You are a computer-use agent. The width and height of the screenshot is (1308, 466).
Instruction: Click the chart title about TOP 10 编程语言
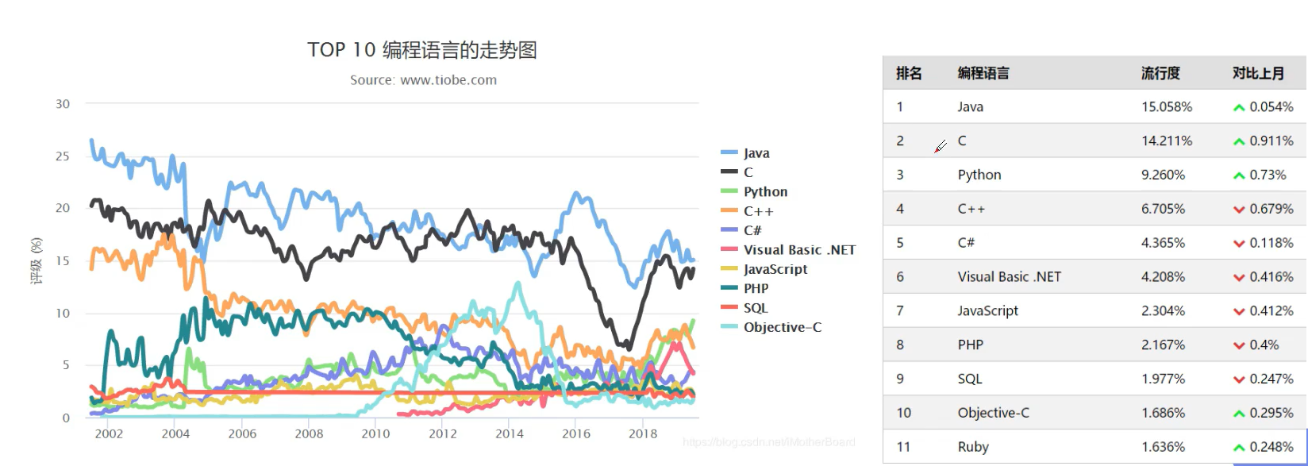point(422,50)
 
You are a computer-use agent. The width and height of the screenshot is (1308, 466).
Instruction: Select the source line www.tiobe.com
point(424,80)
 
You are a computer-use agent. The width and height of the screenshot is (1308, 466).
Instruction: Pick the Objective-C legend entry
point(782,327)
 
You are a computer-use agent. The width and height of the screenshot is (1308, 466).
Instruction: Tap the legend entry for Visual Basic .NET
point(798,249)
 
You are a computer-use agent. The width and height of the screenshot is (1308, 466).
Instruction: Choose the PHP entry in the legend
point(756,288)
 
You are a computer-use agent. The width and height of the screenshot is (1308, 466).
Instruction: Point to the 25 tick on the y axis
point(63,156)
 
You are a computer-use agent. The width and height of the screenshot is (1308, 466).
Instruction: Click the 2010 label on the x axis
point(375,433)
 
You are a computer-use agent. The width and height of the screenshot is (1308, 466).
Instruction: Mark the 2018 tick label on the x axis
point(643,433)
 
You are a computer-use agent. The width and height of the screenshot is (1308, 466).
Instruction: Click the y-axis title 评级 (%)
point(37,260)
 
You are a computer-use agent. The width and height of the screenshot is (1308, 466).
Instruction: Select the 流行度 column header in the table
point(1160,73)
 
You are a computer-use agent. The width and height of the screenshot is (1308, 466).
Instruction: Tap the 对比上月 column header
point(1258,73)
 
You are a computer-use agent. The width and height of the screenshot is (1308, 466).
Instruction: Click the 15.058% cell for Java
point(1167,106)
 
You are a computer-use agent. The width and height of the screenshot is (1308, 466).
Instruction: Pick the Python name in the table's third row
point(979,175)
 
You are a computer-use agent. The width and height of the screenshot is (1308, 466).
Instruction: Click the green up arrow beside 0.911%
point(1239,141)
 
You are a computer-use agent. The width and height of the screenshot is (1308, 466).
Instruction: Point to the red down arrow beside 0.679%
point(1239,210)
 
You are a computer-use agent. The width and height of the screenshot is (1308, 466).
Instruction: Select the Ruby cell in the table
point(973,447)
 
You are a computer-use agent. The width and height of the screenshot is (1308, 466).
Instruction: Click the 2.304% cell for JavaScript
point(1164,310)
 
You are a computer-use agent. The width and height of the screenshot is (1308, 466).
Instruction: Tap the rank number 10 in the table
point(904,413)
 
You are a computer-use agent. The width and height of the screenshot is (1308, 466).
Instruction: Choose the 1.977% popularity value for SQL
point(1164,379)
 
